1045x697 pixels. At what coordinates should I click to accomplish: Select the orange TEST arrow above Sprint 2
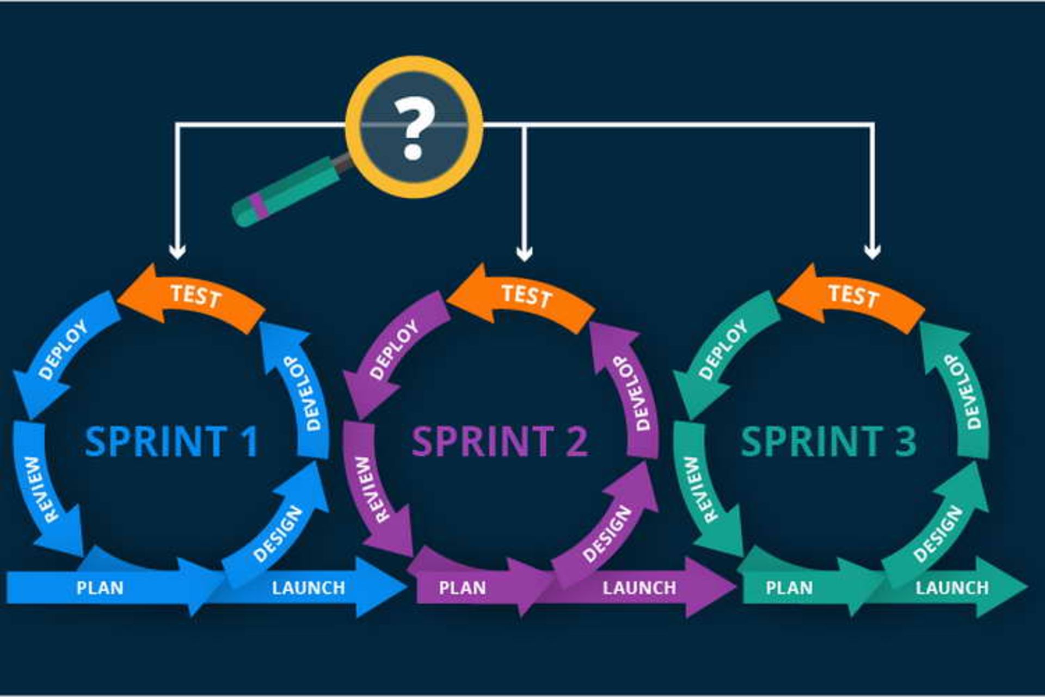coord(526,296)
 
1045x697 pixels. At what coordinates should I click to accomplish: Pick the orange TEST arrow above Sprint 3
coord(853,296)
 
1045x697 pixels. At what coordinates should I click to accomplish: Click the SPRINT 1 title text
coord(172,441)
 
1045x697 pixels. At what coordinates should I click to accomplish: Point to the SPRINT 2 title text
coord(500,441)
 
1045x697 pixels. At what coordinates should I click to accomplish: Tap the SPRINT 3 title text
coord(828,441)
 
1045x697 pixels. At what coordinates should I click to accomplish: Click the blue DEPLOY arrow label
coord(63,350)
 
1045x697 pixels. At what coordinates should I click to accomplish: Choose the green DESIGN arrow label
coord(937,534)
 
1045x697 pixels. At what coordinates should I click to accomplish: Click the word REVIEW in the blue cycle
coord(42,490)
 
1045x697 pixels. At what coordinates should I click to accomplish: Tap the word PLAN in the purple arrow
coord(462,588)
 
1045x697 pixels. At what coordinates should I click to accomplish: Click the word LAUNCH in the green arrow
coord(952,588)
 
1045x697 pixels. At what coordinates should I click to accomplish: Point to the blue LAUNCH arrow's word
coord(308,588)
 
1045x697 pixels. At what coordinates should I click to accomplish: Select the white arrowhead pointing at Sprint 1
coord(177,252)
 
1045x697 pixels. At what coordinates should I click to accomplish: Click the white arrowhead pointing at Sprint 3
coord(872,252)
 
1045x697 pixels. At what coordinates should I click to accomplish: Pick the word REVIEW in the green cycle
coord(699,490)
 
